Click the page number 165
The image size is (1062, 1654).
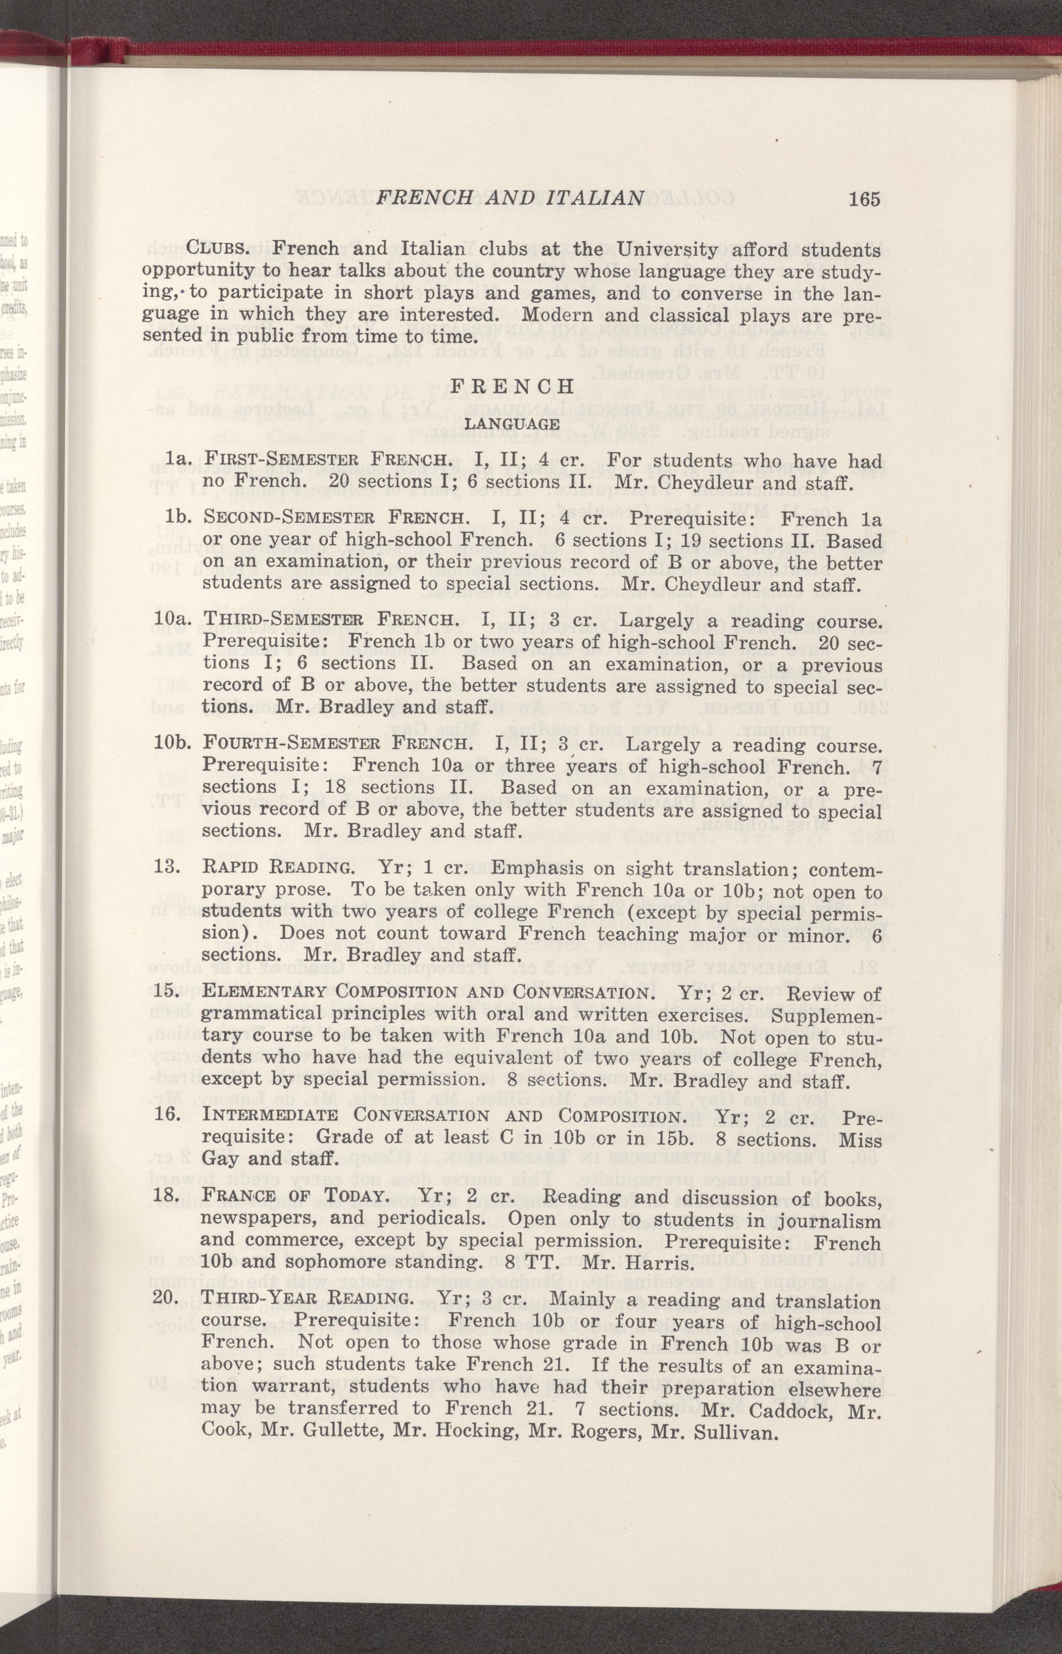(x=865, y=200)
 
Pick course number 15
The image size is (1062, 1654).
(x=169, y=994)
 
